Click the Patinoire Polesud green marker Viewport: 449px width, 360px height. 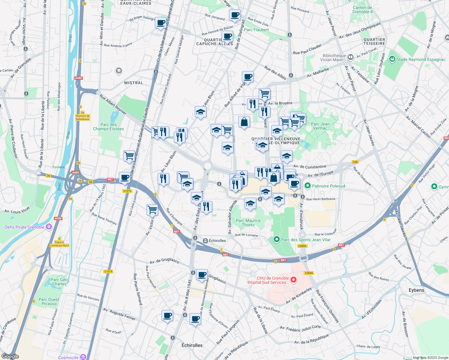tap(307, 186)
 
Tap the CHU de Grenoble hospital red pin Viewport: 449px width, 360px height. tap(294, 280)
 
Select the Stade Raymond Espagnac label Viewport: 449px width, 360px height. tap(421, 59)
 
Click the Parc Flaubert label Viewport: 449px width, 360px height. tap(256, 30)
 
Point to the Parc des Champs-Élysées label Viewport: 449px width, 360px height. tap(108, 127)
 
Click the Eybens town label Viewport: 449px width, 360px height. tap(416, 290)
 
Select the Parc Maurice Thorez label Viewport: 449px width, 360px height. tap(248, 223)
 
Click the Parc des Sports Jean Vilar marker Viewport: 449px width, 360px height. tap(277, 239)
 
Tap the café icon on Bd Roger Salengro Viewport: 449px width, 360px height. tap(161, 22)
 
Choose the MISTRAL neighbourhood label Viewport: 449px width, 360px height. tap(134, 83)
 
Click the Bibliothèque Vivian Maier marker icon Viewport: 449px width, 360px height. tap(350, 57)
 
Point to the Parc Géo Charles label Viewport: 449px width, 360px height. tap(59, 282)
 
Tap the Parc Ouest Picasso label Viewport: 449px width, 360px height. tap(49, 301)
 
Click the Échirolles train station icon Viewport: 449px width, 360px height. tap(205, 241)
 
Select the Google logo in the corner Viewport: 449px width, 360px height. tap(10, 356)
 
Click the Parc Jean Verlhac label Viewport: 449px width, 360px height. tap(320, 126)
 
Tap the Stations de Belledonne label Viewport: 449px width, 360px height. tap(83, 117)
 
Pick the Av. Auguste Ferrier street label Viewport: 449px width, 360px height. tap(119, 314)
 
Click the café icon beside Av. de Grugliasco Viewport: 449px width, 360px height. tap(202, 274)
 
